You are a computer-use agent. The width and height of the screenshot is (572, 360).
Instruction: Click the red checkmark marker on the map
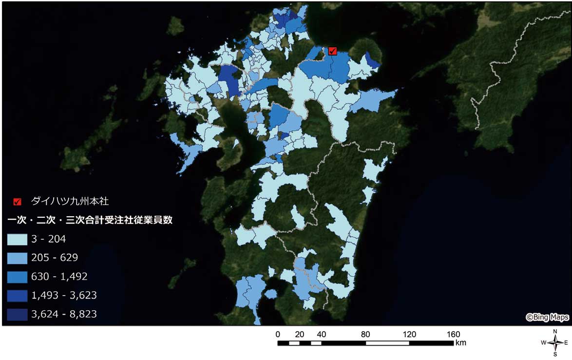pyautogui.click(x=333, y=51)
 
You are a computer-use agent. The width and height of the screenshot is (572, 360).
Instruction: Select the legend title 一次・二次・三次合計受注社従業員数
pyautogui.click(x=90, y=220)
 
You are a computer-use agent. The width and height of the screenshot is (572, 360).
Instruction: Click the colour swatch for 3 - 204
pyautogui.click(x=17, y=239)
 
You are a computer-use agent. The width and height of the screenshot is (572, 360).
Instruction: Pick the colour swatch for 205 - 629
pyautogui.click(x=17, y=258)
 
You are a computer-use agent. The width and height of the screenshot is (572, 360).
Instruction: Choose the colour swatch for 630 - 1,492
pyautogui.click(x=17, y=277)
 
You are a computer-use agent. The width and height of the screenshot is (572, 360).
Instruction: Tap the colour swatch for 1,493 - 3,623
pyautogui.click(x=17, y=295)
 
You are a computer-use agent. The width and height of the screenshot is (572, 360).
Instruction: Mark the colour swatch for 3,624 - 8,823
pyautogui.click(x=17, y=314)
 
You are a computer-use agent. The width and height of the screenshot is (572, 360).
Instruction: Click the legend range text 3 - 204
pyautogui.click(x=48, y=239)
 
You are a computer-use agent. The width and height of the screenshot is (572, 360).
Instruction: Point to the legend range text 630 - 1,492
pyautogui.click(x=59, y=277)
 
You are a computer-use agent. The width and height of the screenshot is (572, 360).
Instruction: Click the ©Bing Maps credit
pyautogui.click(x=547, y=318)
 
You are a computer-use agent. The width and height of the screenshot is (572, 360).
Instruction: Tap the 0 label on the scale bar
pyautogui.click(x=278, y=334)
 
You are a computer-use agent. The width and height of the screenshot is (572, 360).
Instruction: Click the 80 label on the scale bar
pyautogui.click(x=365, y=334)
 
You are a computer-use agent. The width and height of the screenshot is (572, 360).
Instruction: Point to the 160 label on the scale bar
pyautogui.click(x=453, y=334)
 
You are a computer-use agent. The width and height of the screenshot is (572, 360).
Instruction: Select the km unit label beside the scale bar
pyautogui.click(x=461, y=343)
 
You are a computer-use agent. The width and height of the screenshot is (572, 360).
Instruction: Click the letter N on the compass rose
pyautogui.click(x=555, y=332)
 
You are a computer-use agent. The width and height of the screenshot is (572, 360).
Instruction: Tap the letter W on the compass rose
pyautogui.click(x=543, y=343)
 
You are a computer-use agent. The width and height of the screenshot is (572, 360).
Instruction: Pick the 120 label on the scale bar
pyautogui.click(x=409, y=334)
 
